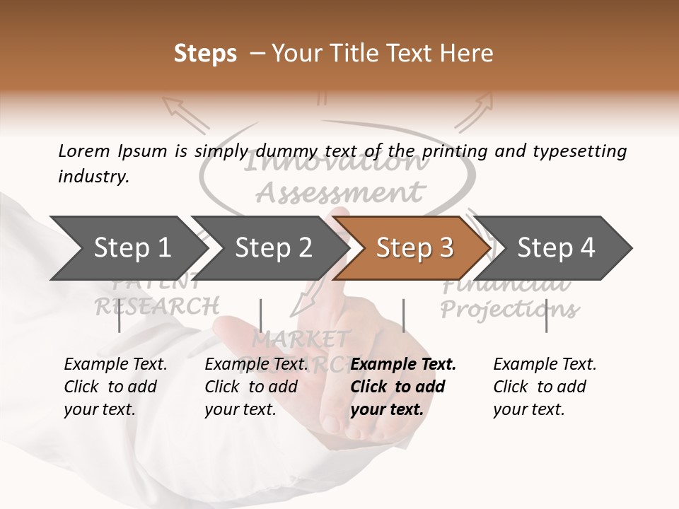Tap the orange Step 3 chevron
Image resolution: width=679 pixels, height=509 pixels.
(414, 248)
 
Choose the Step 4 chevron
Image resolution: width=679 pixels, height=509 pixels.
(555, 248)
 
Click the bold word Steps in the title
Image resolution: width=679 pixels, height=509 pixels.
(205, 54)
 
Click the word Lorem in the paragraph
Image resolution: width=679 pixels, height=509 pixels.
(83, 151)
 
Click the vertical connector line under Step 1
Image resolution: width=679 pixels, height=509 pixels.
(119, 315)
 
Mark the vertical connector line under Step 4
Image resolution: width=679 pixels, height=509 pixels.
(547, 315)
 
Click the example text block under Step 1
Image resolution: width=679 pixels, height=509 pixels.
(115, 387)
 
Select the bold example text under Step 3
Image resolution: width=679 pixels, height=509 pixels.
(403, 387)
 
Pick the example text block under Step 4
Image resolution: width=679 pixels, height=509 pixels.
(545, 387)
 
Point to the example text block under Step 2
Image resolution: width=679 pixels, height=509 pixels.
(256, 387)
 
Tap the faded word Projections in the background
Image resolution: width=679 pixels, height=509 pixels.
(509, 309)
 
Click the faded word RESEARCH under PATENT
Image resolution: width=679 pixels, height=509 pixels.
(157, 306)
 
